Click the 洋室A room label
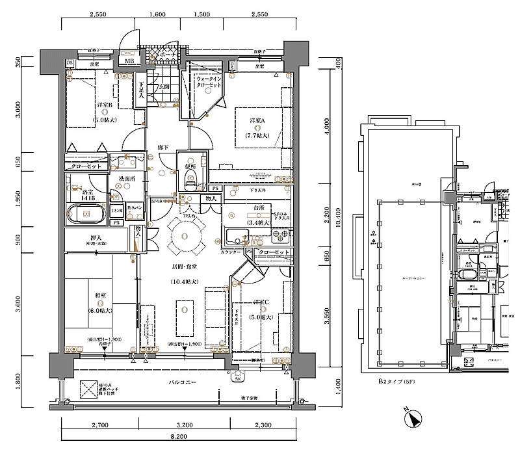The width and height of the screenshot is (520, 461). (x=253, y=121)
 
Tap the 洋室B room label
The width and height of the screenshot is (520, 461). (x=105, y=105)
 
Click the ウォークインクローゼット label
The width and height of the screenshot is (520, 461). (x=209, y=82)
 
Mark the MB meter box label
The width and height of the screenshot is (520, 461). (x=130, y=62)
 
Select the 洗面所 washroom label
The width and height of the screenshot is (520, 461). (x=126, y=178)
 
